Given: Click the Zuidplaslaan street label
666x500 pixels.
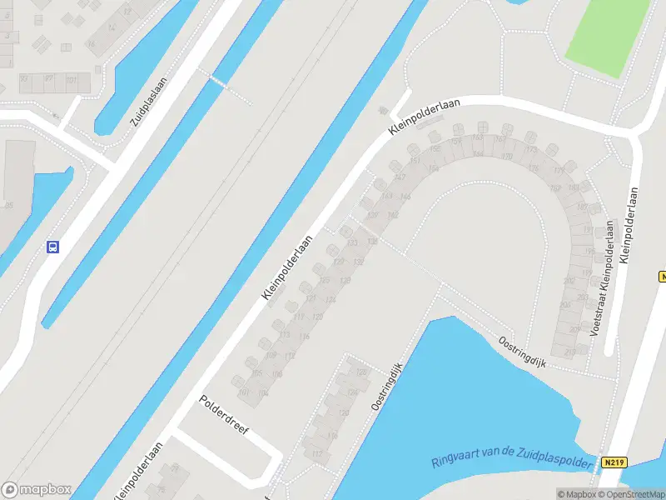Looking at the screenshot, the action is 149,102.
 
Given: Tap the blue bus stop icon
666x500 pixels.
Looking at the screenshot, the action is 52,247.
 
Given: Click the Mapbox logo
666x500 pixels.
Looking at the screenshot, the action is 37,490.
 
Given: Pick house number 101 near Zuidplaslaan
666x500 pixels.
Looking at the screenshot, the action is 72,79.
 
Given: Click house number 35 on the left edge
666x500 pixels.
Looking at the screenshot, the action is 8,205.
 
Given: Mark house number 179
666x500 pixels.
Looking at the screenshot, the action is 559,171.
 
